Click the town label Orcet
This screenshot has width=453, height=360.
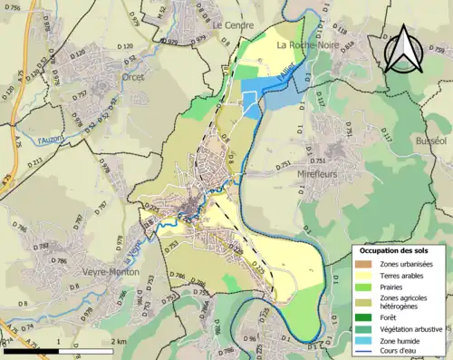(139, 78)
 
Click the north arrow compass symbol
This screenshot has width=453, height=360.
(404, 50)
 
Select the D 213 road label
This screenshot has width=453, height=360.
(35, 163)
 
